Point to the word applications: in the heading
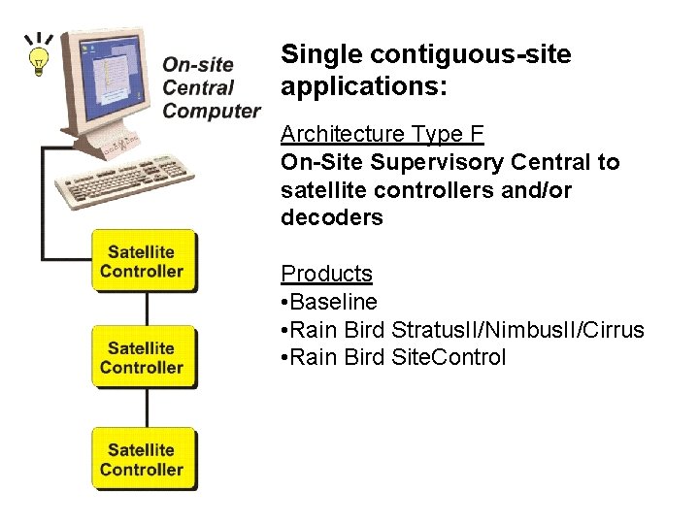(363, 87)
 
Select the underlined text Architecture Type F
(382, 134)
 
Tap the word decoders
(331, 218)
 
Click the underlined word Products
(326, 274)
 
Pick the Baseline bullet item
(333, 302)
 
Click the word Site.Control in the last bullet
(449, 357)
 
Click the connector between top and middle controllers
(147, 309)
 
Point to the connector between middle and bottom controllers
(147, 408)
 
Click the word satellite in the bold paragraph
(322, 190)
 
